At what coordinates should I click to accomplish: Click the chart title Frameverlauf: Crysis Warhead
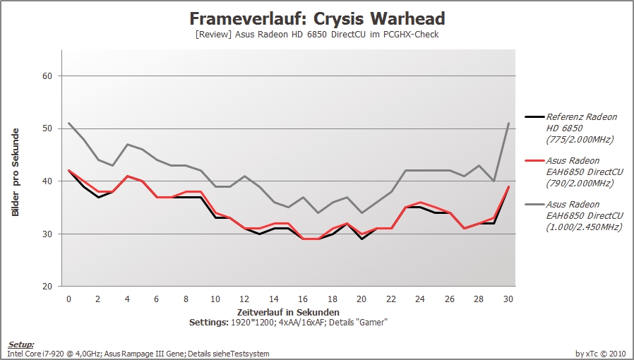(x=317, y=18)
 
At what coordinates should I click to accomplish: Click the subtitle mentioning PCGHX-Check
(x=317, y=35)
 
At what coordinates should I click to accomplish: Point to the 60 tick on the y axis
(x=47, y=76)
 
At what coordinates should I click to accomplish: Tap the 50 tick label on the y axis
(x=47, y=128)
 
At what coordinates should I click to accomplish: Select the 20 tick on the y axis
(x=47, y=287)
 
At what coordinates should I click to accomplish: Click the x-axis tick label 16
(x=303, y=299)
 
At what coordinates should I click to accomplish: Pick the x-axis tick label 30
(x=508, y=299)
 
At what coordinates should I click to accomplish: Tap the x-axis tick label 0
(x=68, y=299)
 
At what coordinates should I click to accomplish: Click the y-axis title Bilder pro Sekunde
(x=16, y=172)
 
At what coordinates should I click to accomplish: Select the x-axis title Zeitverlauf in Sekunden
(x=288, y=312)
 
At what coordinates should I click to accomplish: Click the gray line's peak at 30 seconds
(x=508, y=124)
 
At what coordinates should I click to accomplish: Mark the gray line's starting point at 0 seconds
(x=68, y=124)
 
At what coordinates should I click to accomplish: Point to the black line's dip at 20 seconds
(x=362, y=239)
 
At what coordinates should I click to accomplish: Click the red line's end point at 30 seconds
(x=508, y=186)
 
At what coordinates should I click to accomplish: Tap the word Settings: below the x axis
(x=209, y=323)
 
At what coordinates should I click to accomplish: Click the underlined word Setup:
(x=21, y=344)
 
